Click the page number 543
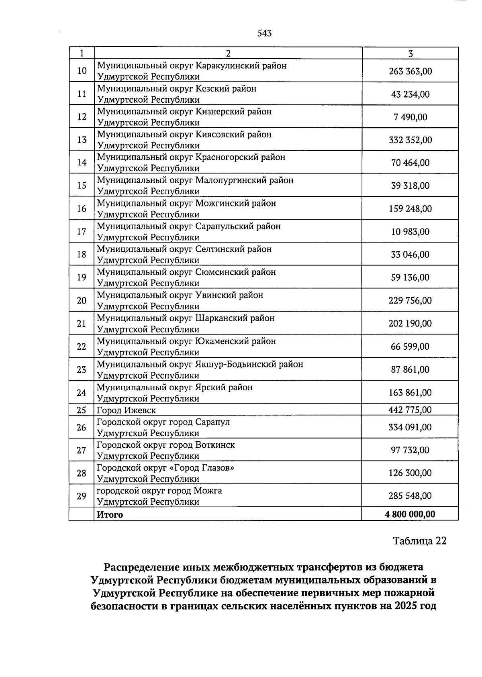point(264,33)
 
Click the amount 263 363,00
point(410,71)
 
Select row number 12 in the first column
point(82,117)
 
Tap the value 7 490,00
point(410,117)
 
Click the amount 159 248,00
point(410,209)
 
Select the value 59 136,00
point(410,277)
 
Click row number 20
point(82,300)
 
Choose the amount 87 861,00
point(410,369)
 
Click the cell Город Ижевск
point(126,410)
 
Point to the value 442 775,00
point(410,410)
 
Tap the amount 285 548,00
point(410,496)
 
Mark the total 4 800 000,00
point(410,514)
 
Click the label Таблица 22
point(419,541)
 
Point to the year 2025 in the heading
point(406,606)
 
